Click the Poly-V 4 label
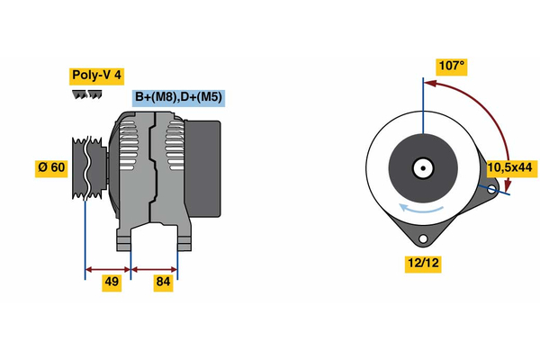click(x=96, y=76)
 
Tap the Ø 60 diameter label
click(x=51, y=166)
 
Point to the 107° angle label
click(x=451, y=66)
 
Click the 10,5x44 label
click(x=509, y=167)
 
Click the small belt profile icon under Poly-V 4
click(x=87, y=95)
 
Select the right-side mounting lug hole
click(x=492, y=189)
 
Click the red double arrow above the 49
click(x=108, y=268)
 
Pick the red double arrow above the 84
click(x=154, y=268)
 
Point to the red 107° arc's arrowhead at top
click(x=430, y=84)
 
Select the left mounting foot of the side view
click(x=124, y=239)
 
